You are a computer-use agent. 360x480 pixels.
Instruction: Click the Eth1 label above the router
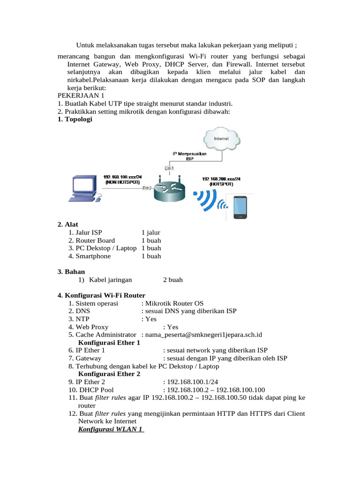point(169,168)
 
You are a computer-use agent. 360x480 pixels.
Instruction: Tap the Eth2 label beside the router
point(147,188)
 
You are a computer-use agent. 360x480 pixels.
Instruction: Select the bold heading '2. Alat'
point(67,225)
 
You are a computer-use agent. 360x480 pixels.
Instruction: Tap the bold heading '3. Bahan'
point(71,271)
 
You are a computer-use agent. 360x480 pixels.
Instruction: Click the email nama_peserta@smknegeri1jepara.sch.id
point(203,334)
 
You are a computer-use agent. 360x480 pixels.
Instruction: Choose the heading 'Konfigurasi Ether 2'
point(109,374)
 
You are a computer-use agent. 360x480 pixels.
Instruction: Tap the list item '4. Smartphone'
point(90,256)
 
